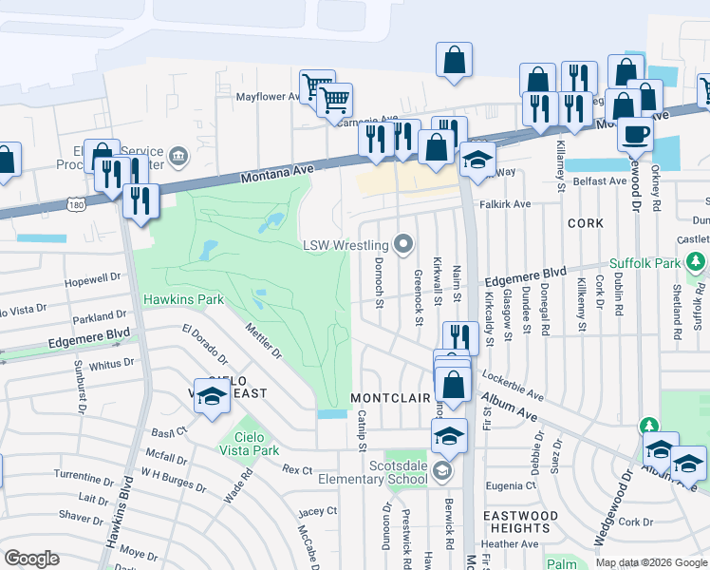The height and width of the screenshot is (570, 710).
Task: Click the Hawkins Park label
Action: [183, 299]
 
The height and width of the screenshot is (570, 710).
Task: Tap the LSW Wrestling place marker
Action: [405, 245]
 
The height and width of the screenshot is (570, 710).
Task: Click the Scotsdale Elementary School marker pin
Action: [442, 472]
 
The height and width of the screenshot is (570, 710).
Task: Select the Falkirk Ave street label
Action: [505, 204]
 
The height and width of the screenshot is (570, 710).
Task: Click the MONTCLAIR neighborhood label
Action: [391, 397]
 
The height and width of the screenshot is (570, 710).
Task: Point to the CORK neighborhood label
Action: [586, 222]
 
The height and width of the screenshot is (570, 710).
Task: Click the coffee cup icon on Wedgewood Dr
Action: [635, 133]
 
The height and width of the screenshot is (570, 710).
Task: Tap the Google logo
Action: [31, 559]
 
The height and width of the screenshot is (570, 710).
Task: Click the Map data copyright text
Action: [651, 562]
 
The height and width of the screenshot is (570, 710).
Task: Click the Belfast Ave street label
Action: [599, 180]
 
